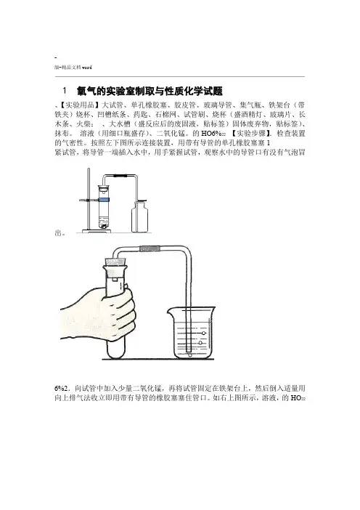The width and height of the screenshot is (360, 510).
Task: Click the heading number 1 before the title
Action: coord(65,90)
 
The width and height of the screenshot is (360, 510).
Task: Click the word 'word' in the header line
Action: coord(87,68)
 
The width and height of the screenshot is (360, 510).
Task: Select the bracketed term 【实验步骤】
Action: coord(251,134)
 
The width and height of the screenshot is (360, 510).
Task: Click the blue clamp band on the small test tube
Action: coord(104,199)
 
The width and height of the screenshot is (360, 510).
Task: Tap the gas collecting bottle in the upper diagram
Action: coord(139,216)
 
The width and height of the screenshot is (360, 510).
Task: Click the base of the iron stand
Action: coord(97,231)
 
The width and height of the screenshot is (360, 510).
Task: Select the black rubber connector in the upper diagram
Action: coord(120,176)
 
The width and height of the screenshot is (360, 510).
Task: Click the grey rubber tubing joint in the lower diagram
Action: coord(150,248)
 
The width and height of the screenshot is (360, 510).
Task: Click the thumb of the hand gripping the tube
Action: coord(126,291)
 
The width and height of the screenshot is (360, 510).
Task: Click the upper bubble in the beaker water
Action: coord(204,333)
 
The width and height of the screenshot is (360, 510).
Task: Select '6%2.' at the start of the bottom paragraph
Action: coord(62,389)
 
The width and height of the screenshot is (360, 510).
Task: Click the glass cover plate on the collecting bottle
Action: coord(139,201)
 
